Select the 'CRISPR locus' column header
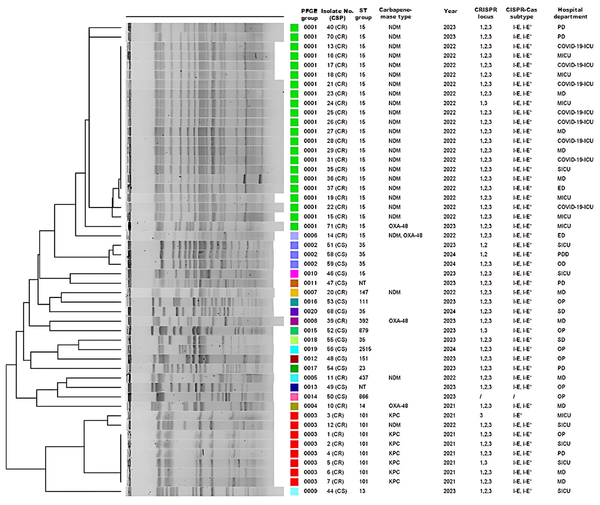[486, 13]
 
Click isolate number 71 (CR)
[337, 226]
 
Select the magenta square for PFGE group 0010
[294, 274]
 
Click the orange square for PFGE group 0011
[294, 283]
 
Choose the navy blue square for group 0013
[294, 387]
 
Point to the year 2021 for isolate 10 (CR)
[449, 406]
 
